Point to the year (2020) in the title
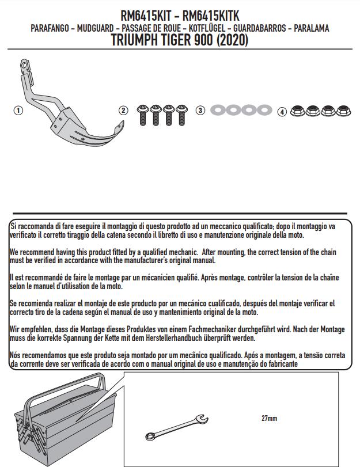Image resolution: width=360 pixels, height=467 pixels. tap(229, 40)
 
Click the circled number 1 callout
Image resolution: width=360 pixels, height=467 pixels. tap(18, 111)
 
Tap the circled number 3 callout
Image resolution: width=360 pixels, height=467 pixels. tap(200, 111)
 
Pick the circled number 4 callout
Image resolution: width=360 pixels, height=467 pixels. tap(282, 111)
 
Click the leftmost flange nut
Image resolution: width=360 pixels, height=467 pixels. tap(299, 111)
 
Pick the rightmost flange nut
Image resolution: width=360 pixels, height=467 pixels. tap(343, 111)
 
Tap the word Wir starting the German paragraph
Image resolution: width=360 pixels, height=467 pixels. tap(16, 329)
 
